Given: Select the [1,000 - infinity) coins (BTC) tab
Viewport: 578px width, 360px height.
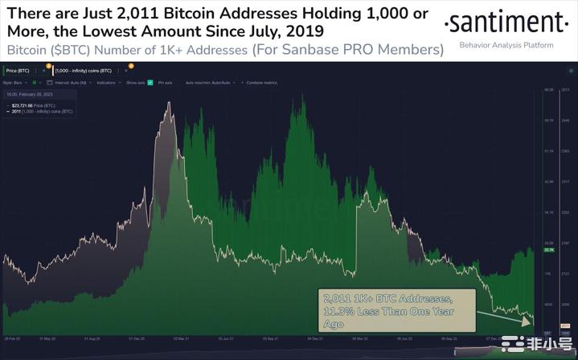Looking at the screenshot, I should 84,72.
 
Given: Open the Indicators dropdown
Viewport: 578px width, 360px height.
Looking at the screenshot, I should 107,82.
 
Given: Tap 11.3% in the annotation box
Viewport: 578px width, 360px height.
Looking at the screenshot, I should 338,312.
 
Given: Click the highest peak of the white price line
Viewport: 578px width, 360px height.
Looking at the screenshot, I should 168,103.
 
